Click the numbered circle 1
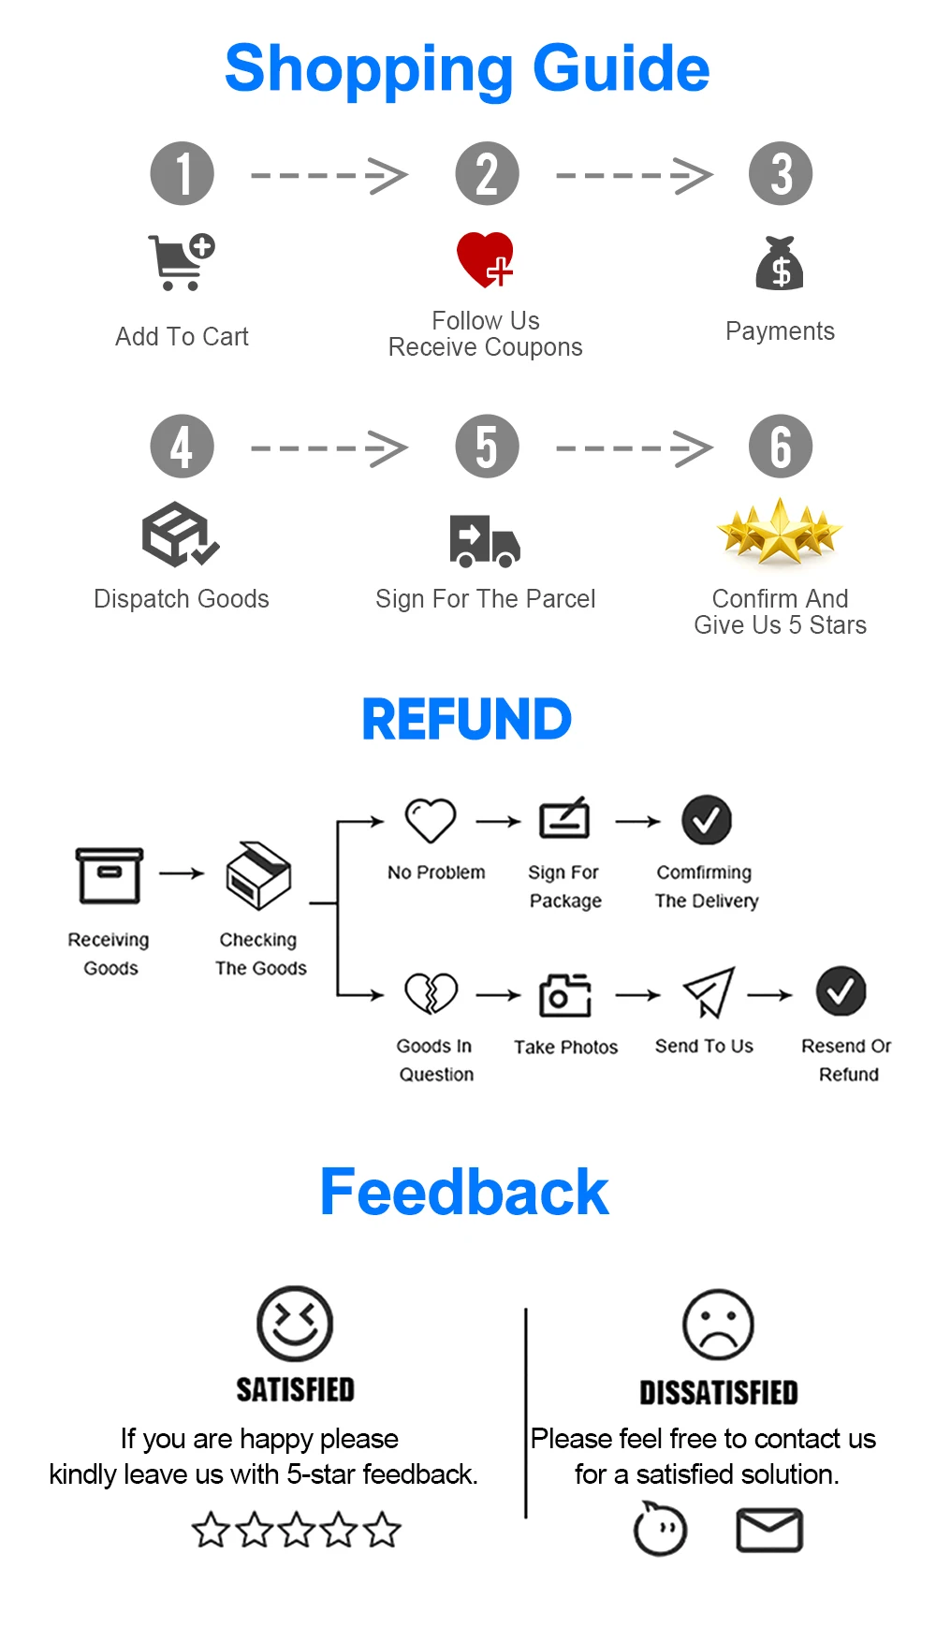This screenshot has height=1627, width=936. [x=183, y=173]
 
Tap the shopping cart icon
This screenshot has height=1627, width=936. [x=181, y=262]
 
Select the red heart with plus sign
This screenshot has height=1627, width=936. [x=485, y=258]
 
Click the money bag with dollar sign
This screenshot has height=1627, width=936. [x=780, y=263]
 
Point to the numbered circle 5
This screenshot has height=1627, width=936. [x=487, y=446]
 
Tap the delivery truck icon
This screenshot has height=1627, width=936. [x=484, y=541]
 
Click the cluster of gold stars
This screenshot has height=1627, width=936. [x=779, y=532]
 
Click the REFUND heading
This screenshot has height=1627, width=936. [x=466, y=719]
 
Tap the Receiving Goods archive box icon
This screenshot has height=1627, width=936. [x=110, y=875]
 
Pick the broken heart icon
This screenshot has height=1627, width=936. [x=431, y=993]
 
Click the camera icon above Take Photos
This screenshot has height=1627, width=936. [x=565, y=994]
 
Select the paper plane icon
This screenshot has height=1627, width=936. [x=709, y=992]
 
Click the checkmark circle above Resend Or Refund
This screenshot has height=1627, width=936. [x=841, y=991]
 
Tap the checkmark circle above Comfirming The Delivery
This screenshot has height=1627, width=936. [x=706, y=820]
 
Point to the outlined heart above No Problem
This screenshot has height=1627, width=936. [x=431, y=820]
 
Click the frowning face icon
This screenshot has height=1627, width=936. [x=718, y=1325]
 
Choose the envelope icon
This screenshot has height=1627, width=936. [x=769, y=1531]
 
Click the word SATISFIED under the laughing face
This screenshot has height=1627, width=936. [x=295, y=1390]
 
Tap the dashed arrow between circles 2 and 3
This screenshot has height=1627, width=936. [x=634, y=175]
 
